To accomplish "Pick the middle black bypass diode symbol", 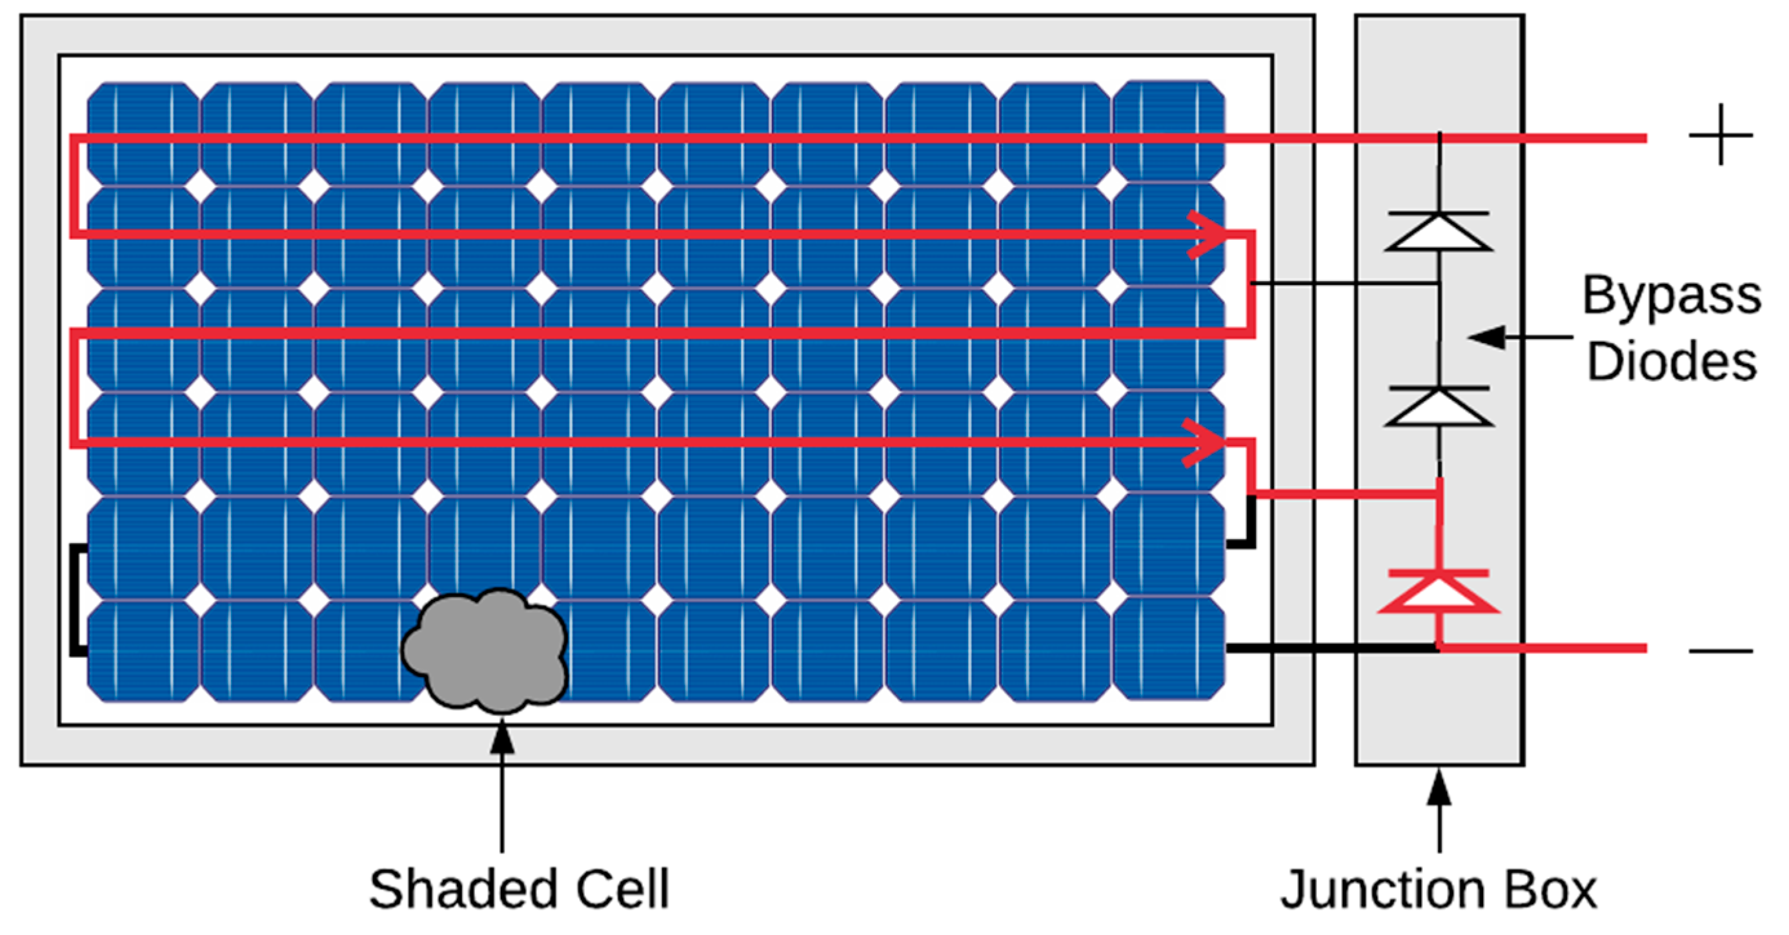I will [x=1439, y=407].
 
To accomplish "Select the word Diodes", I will [x=1672, y=362].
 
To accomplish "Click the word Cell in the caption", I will [x=622, y=889].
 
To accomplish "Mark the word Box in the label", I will [x=1555, y=891].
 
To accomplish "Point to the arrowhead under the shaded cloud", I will [x=502, y=737].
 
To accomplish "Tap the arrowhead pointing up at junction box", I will [x=1439, y=787].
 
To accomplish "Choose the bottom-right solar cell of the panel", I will [x=1169, y=649].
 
